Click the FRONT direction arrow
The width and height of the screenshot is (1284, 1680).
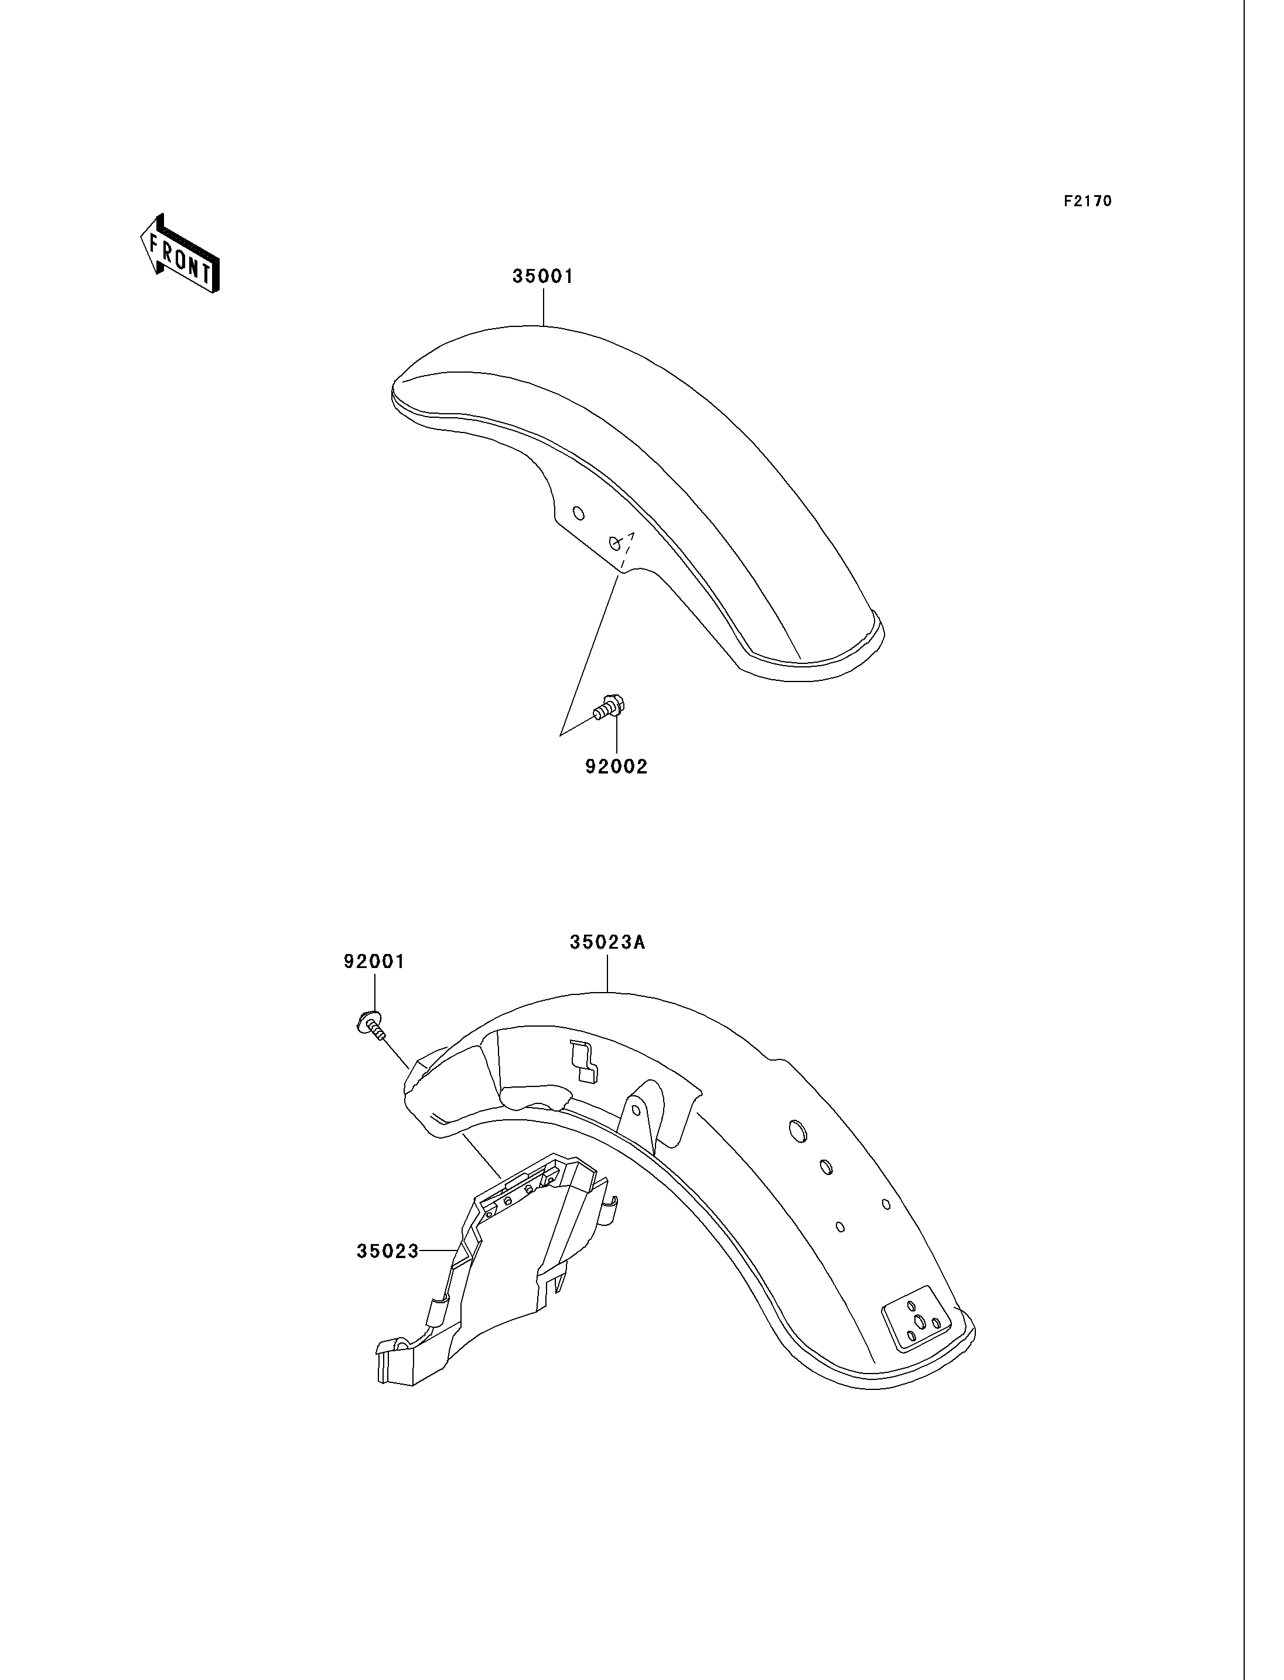[x=180, y=253]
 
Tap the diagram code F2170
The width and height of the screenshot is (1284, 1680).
[x=1088, y=201]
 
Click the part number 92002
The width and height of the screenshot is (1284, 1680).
[x=616, y=766]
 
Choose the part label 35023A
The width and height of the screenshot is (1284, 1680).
[x=607, y=942]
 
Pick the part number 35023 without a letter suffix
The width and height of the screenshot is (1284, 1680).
[x=388, y=1251]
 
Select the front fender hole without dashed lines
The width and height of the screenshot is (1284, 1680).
[x=579, y=513]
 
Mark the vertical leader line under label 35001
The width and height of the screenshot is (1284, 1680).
[x=544, y=306]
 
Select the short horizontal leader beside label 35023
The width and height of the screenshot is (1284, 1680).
[x=438, y=1251]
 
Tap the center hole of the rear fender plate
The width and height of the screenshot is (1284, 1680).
[x=921, y=1321]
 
